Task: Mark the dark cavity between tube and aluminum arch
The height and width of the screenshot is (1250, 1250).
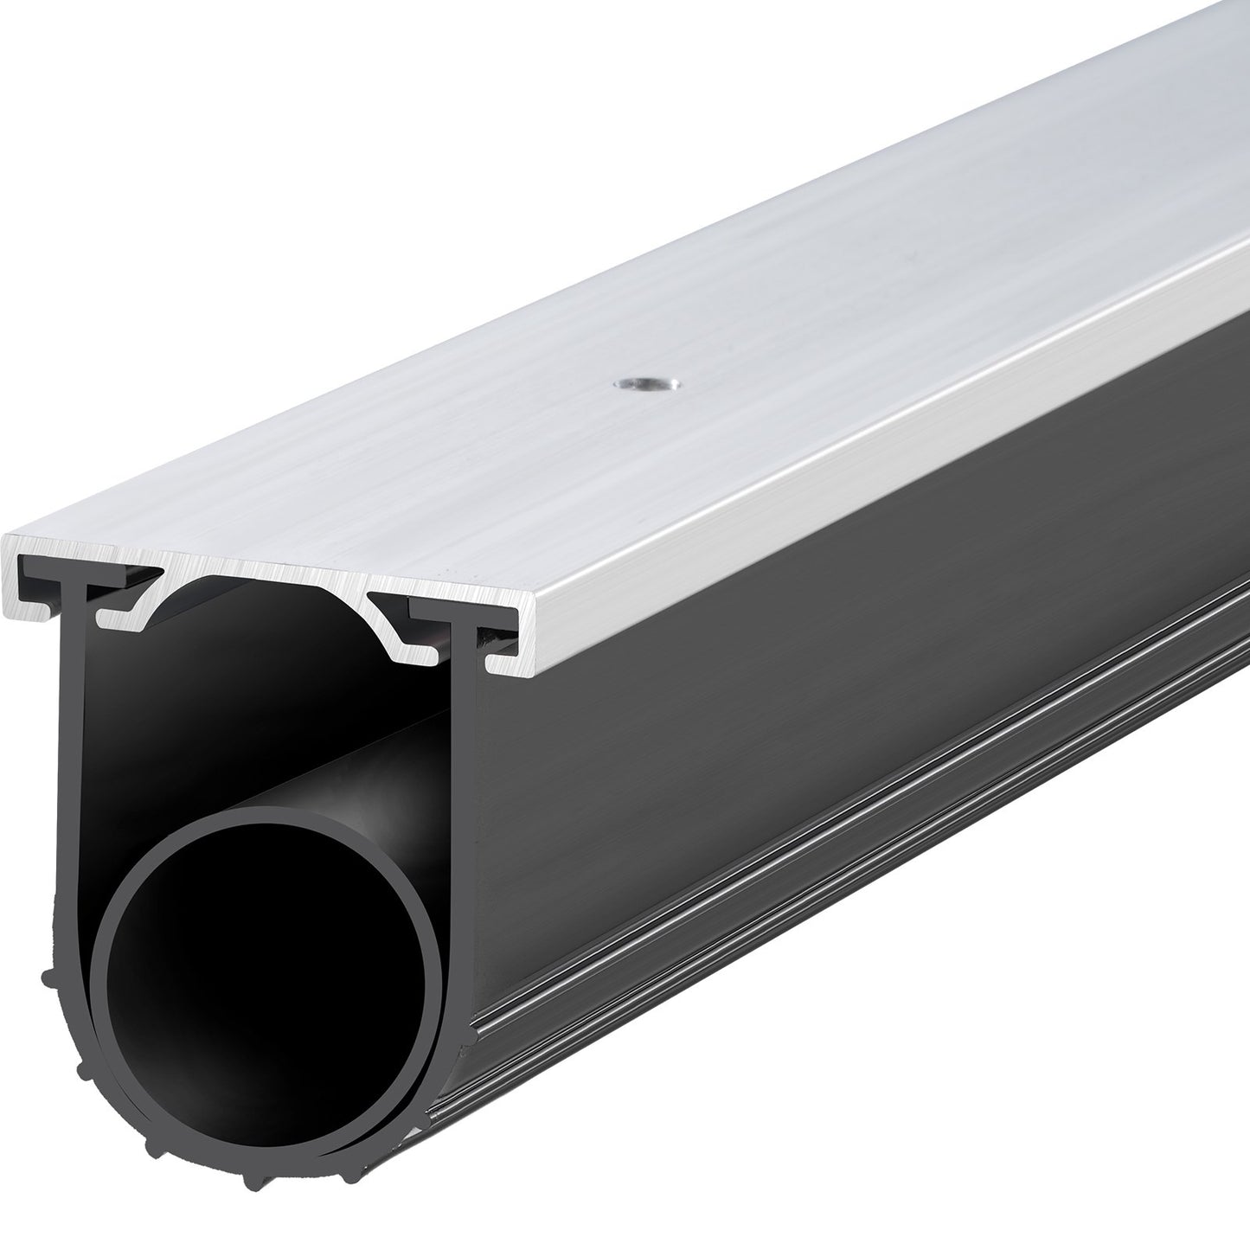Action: pos(260,675)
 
